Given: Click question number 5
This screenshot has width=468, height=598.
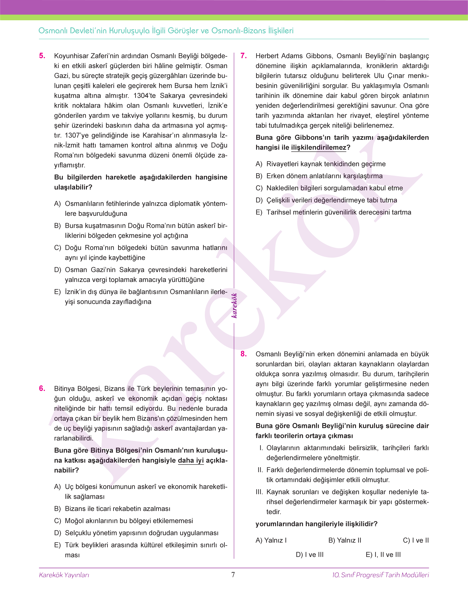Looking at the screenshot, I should [42, 56].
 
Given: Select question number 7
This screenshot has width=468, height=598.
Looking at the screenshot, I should [244, 56].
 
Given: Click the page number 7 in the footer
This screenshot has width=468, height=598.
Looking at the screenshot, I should [233, 575].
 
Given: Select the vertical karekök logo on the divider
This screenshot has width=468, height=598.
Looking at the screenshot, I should [234, 305].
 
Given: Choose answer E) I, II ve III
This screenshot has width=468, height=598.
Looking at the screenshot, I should [383, 555].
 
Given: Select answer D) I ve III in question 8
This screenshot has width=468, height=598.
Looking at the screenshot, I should [310, 555].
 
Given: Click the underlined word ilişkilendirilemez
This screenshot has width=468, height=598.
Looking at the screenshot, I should [319, 148].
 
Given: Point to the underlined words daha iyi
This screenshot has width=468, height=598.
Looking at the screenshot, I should [191, 461].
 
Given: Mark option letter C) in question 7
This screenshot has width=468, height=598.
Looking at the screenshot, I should [259, 188].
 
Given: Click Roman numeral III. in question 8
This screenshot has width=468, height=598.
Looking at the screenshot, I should [259, 492].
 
